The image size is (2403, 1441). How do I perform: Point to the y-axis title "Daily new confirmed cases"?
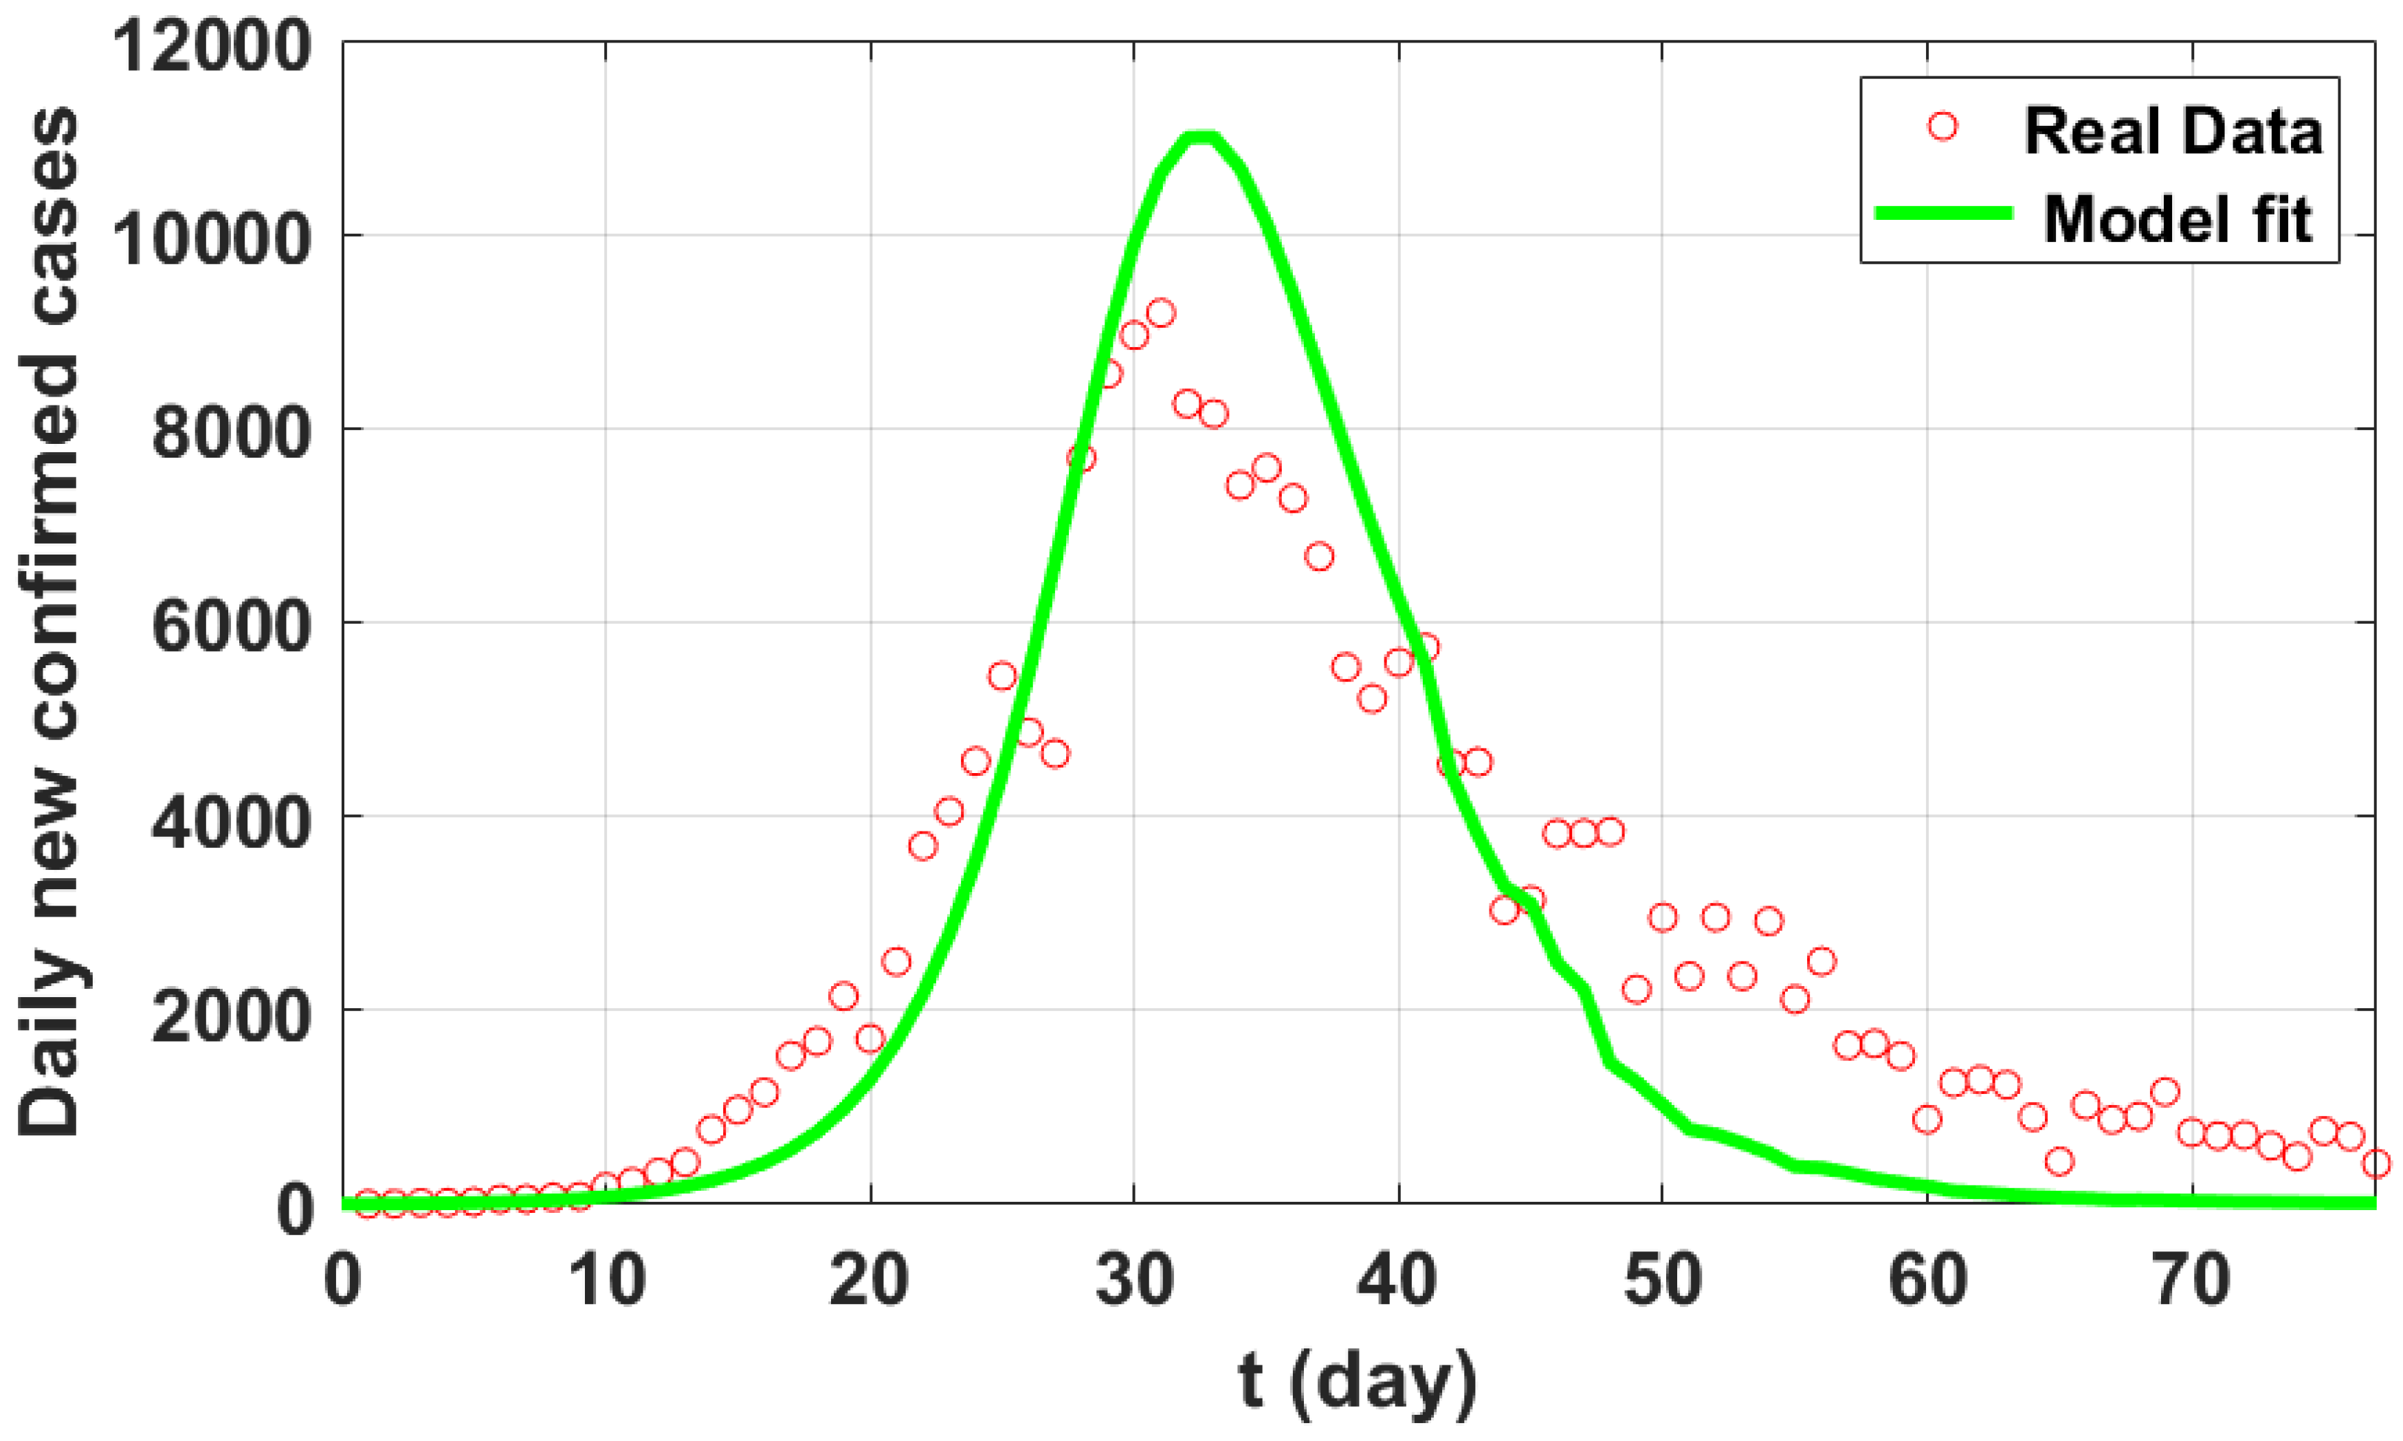coord(49,621)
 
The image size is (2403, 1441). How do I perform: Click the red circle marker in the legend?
coord(1942,126)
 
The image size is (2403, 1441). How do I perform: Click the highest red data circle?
coord(1161,313)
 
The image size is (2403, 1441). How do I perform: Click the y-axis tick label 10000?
coord(212,239)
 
